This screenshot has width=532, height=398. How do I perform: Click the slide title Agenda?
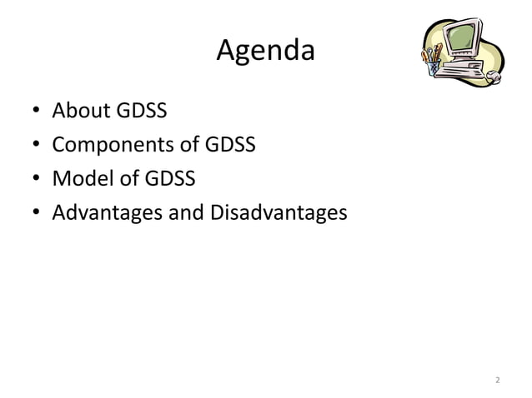pos(265,52)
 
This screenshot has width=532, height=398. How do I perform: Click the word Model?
pos(80,179)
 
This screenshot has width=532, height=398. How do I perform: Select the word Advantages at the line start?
pos(107,214)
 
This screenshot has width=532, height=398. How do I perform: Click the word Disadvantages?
pos(278,213)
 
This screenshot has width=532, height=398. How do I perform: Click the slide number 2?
pos(497,381)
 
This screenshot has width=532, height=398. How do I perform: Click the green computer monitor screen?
pos(461,38)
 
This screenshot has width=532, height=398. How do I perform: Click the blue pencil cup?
pos(433,67)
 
